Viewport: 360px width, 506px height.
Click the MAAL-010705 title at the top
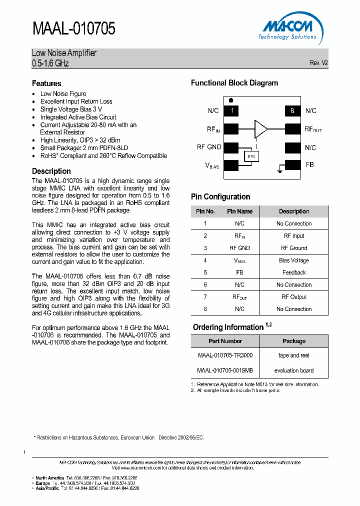click(74, 28)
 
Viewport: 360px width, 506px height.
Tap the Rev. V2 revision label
click(318, 63)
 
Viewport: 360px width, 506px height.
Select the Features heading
click(46, 83)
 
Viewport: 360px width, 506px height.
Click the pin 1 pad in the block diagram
click(232, 110)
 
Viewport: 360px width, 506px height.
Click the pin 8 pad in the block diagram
click(292, 110)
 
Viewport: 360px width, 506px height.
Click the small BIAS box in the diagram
click(251, 156)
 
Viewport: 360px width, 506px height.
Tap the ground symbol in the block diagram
click(277, 171)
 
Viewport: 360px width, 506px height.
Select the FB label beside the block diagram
click(309, 164)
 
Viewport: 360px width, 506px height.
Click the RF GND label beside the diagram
click(209, 147)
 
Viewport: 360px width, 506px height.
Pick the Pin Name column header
click(239, 211)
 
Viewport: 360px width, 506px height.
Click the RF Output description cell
click(294, 297)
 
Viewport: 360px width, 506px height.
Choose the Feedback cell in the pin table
click(294, 272)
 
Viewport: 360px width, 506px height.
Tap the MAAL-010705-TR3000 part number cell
click(225, 355)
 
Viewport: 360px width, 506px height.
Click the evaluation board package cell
click(294, 370)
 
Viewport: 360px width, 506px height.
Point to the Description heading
click(51, 171)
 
